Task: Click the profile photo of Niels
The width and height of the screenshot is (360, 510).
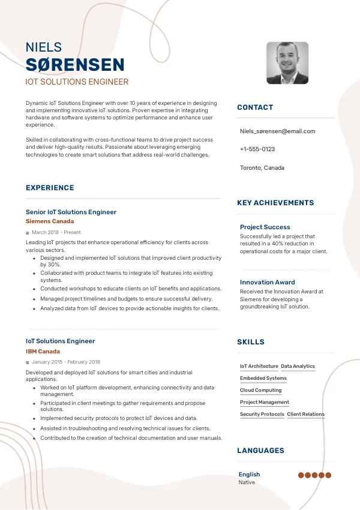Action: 287,63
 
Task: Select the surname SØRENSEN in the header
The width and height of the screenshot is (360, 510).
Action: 75,65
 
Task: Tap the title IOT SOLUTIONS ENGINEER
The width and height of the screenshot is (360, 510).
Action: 77,82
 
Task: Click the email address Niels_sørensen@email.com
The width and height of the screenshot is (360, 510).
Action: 277,131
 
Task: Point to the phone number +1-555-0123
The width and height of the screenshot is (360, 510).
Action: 257,149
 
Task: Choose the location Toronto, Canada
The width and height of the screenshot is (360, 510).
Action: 262,167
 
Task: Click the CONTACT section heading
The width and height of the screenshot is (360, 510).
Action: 255,107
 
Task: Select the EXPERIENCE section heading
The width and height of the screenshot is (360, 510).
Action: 50,188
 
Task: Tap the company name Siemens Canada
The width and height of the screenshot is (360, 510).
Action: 50,221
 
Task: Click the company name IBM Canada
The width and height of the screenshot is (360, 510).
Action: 43,351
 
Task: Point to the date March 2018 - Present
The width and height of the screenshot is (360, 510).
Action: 56,232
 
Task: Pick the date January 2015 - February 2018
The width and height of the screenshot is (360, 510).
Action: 66,362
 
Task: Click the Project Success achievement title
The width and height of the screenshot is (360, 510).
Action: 265,227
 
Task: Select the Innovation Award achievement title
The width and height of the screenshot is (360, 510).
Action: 267,282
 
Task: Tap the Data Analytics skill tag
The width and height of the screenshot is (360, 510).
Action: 298,366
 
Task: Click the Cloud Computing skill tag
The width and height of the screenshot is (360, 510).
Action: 260,390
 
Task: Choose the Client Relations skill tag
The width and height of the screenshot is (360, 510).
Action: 305,414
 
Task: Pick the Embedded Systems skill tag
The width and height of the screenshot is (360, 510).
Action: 263,378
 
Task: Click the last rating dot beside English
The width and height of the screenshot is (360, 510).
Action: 328,475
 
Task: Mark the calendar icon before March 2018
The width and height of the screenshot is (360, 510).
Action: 28,233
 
